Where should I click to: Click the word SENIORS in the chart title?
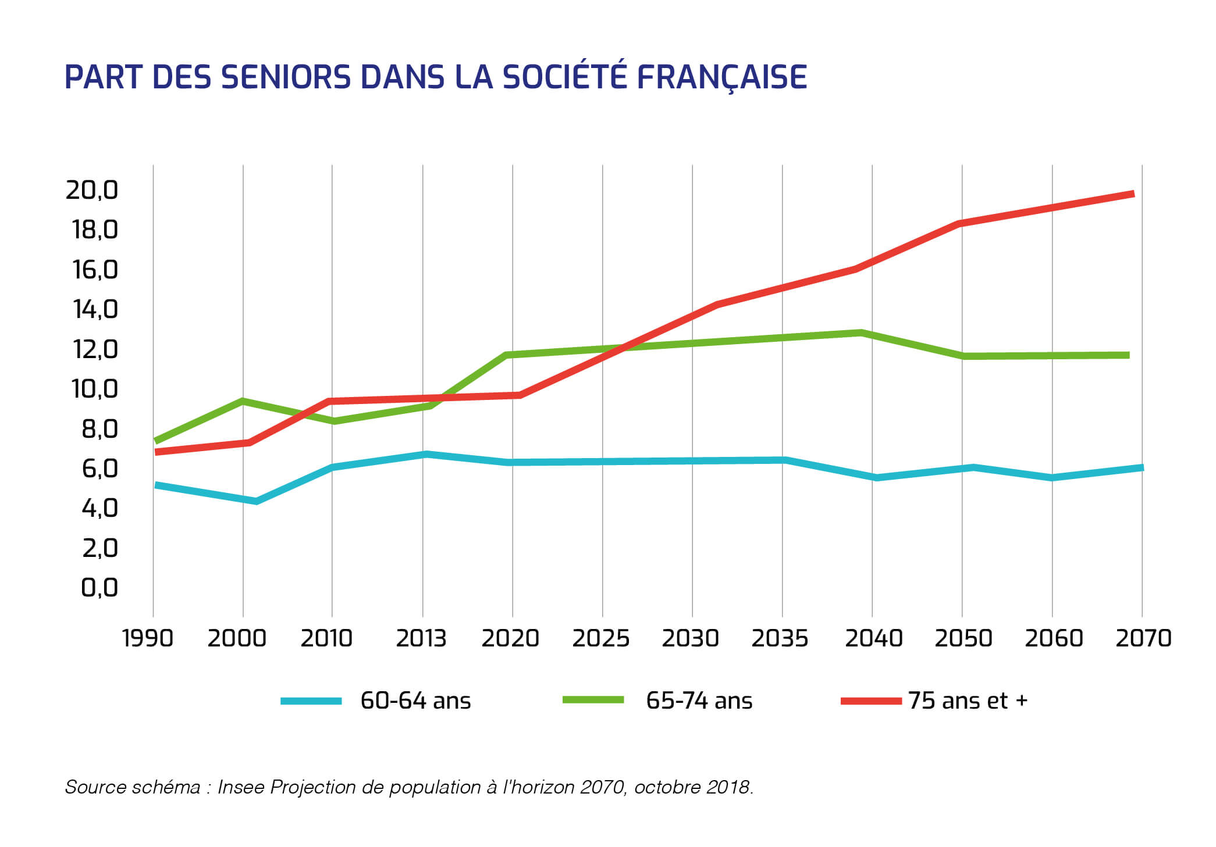[286, 77]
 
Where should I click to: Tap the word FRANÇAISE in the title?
[721, 77]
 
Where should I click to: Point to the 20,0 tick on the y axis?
[91, 190]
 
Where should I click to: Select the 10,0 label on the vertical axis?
[94, 389]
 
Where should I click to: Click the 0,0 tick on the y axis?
[99, 588]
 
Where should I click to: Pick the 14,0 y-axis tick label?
[95, 309]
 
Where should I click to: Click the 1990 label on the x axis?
[147, 638]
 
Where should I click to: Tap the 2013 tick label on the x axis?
[421, 638]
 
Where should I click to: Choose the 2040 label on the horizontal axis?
[873, 638]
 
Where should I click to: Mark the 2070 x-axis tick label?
[1143, 638]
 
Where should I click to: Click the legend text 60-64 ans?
[415, 701]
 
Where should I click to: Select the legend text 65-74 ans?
[699, 701]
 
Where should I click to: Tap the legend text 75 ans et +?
[968, 701]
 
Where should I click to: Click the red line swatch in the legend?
[870, 701]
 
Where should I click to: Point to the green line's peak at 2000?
[242, 401]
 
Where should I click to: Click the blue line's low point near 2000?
[255, 501]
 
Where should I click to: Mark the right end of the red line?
[1133, 194]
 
